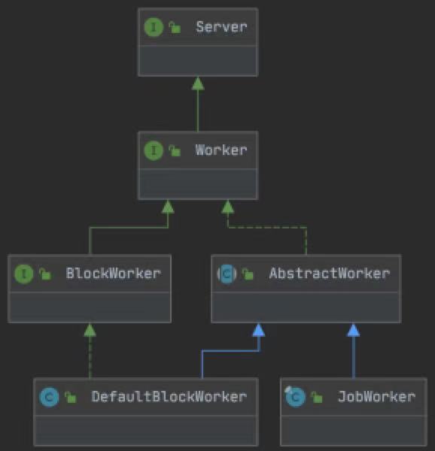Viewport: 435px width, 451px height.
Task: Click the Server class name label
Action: tap(221, 27)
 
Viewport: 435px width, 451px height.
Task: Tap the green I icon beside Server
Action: tap(154, 27)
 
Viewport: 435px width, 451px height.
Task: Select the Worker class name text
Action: tap(221, 150)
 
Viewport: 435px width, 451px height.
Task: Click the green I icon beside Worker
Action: tap(154, 150)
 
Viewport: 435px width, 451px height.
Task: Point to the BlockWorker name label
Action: tap(113, 274)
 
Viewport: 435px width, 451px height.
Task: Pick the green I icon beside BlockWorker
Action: tap(23, 274)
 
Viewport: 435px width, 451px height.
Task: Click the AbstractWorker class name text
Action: tap(330, 274)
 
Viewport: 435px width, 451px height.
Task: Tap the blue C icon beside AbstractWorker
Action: tap(227, 274)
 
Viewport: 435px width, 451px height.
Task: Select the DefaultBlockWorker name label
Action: tap(169, 397)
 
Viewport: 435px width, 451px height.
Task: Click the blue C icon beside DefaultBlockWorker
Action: tap(49, 397)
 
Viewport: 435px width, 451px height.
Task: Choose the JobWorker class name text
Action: tap(376, 397)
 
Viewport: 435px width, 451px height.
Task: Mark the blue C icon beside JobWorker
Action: tap(295, 397)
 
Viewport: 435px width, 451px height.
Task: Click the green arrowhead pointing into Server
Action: tap(198, 83)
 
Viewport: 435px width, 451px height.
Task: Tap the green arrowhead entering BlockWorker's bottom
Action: tap(90, 330)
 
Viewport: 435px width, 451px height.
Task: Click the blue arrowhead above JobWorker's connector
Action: tap(354, 330)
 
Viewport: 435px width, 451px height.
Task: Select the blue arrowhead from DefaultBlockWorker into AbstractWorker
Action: tap(259, 330)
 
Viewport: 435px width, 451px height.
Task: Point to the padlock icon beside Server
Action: tap(175, 27)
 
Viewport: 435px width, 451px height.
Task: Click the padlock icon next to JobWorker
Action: tap(316, 397)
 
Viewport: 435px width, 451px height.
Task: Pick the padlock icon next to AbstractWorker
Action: tap(248, 274)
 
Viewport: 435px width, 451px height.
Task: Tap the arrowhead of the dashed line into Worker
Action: tap(228, 207)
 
